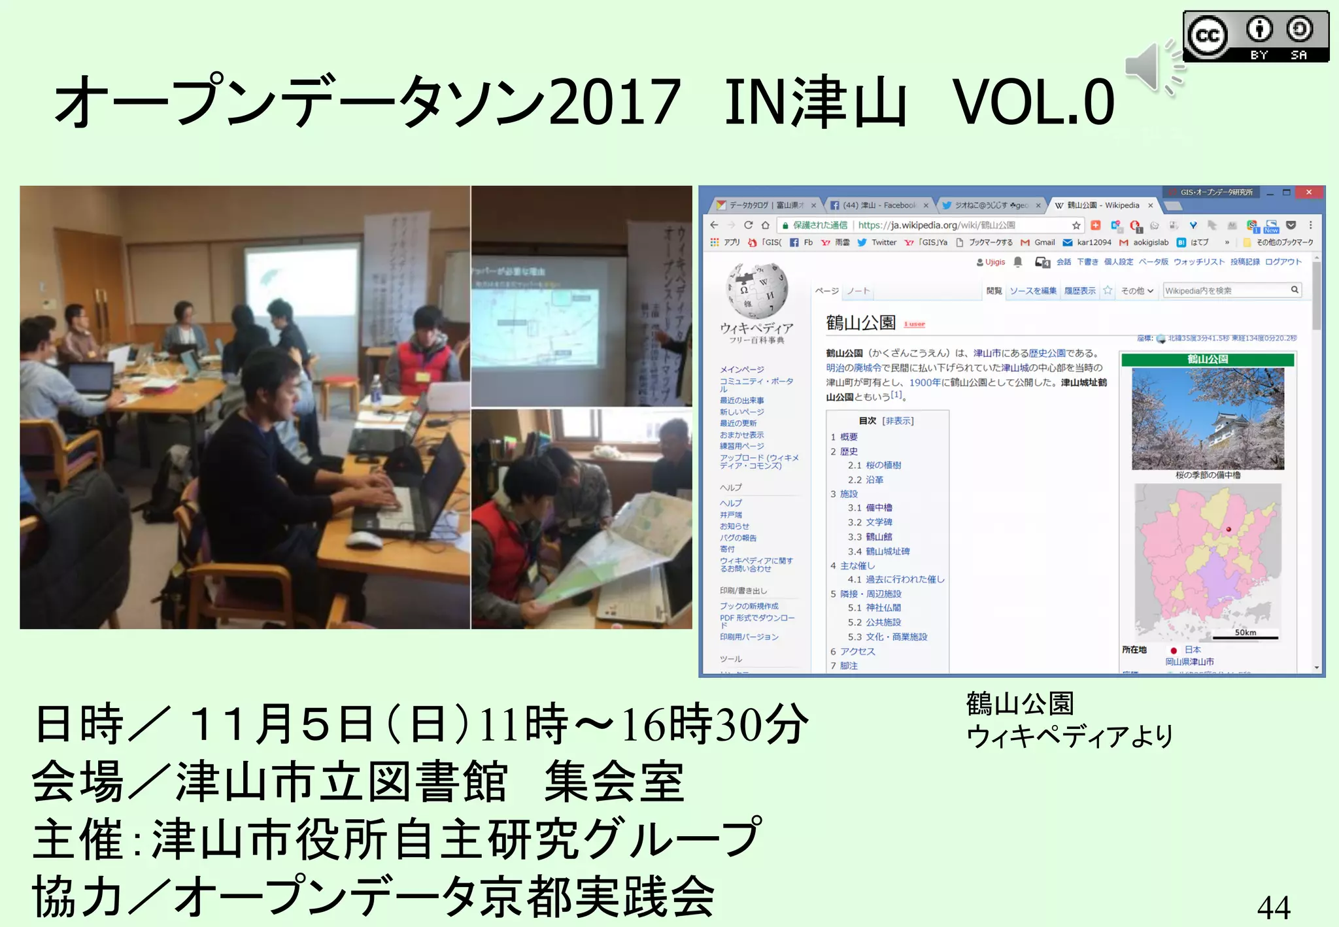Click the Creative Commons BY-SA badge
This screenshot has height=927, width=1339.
click(1255, 37)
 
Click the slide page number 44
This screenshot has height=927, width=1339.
click(1273, 907)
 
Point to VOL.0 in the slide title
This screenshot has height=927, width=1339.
click(1033, 103)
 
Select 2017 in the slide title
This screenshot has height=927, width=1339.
click(615, 103)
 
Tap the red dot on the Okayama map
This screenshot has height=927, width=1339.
click(1229, 530)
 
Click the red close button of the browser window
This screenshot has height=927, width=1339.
click(1308, 192)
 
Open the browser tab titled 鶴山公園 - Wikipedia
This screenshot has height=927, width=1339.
click(1102, 205)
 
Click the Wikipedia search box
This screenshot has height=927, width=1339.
click(1227, 290)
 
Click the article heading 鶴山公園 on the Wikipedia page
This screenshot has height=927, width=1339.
click(860, 323)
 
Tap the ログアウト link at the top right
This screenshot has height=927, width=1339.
click(1283, 261)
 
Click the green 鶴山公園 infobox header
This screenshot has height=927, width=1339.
click(1207, 360)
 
